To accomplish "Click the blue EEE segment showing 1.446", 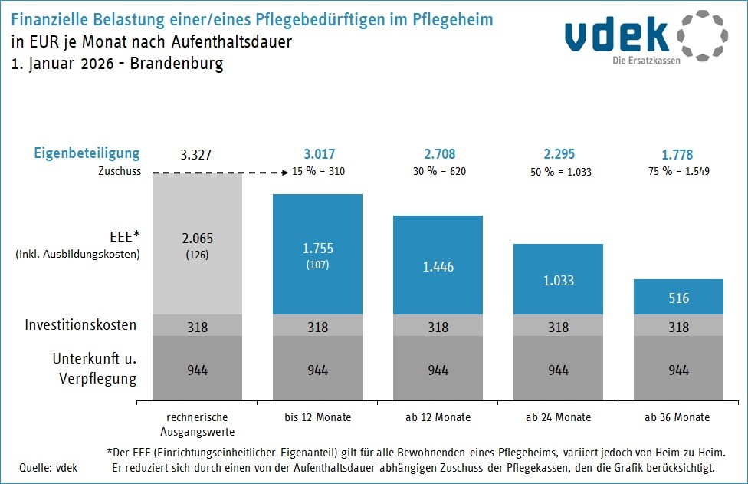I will click(x=438, y=266).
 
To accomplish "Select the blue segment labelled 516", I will click(x=678, y=298).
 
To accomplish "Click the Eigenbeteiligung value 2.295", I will click(x=558, y=154).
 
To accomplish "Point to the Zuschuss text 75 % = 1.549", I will click(x=678, y=171).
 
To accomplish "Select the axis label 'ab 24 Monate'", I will click(x=558, y=417).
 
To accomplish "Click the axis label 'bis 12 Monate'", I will click(x=317, y=417).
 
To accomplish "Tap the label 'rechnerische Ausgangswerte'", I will click(x=198, y=423).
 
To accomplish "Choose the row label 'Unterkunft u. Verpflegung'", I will click(x=94, y=368).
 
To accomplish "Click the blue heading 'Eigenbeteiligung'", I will click(x=87, y=153).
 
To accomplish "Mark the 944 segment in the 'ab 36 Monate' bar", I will click(x=678, y=370).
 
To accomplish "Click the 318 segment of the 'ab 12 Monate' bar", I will click(x=438, y=327).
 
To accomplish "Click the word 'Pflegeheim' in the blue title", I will click(x=450, y=18).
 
